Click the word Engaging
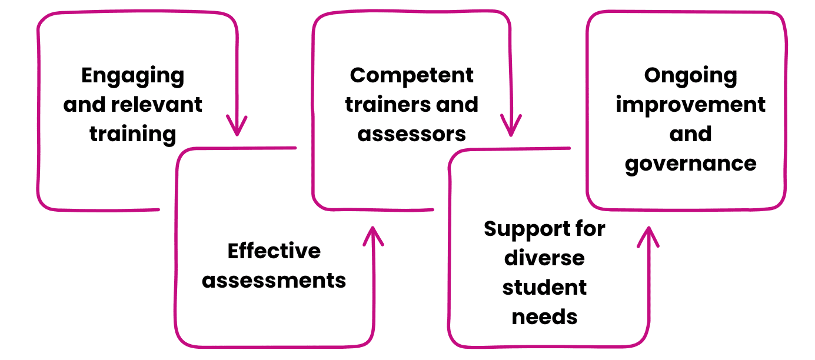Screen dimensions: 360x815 click(x=132, y=76)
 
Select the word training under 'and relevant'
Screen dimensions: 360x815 click(x=132, y=134)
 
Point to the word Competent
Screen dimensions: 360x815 click(x=411, y=75)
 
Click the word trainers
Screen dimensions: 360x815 click(x=382, y=105)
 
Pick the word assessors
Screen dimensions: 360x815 click(x=411, y=134)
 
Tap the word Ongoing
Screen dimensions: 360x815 click(x=690, y=76)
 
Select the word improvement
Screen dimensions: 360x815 click(x=690, y=105)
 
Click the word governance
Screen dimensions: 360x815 click(x=690, y=163)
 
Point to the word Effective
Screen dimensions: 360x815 click(x=274, y=251)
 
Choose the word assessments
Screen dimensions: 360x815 click(x=274, y=280)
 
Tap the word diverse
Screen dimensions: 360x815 click(x=544, y=258)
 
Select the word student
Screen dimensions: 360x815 click(x=544, y=288)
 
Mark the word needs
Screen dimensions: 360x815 click(x=544, y=317)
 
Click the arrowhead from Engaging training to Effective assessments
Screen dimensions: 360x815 click(x=237, y=126)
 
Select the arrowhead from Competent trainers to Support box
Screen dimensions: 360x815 click(x=511, y=126)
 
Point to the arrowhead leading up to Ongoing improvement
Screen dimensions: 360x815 click(x=648, y=236)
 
